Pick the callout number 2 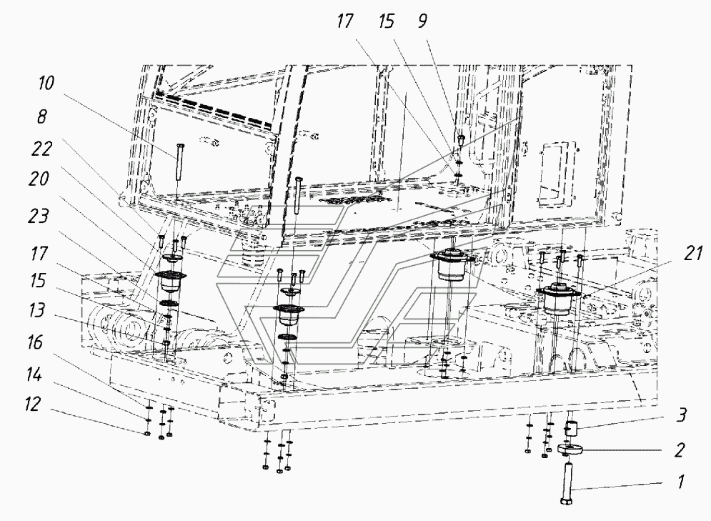pyautogui.click(x=678, y=451)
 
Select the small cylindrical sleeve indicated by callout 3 pyautogui.click(x=572, y=430)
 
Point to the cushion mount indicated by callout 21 pyautogui.click(x=558, y=299)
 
